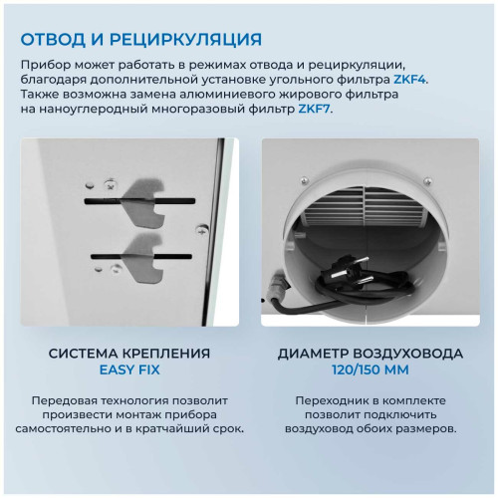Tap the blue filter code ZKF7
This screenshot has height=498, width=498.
(313, 109)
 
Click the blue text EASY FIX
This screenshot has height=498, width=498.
(129, 370)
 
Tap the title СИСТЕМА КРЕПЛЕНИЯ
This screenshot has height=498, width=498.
(129, 353)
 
